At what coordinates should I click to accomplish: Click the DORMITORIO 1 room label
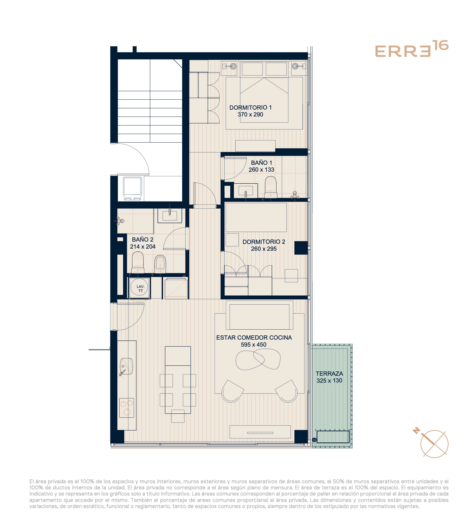click(x=250, y=107)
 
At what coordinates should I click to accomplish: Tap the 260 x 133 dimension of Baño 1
click(x=261, y=170)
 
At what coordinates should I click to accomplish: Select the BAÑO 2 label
click(x=143, y=239)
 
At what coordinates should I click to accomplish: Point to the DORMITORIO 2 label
click(x=264, y=242)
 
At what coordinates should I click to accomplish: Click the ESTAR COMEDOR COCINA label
click(x=254, y=337)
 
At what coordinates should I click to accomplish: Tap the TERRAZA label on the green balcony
click(x=329, y=374)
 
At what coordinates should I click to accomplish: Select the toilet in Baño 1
click(x=270, y=187)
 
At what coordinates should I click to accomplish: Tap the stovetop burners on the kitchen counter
click(x=127, y=408)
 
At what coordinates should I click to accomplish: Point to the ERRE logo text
click(x=403, y=52)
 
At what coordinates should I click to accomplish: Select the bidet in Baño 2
click(x=160, y=264)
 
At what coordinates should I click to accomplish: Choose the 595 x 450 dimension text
click(x=253, y=344)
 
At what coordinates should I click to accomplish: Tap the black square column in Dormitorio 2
click(x=301, y=248)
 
